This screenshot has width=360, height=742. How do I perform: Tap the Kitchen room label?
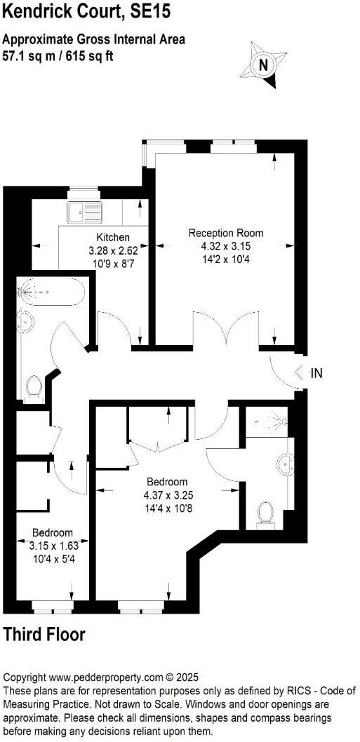(x=113, y=237)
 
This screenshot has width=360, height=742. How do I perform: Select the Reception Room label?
(x=226, y=233)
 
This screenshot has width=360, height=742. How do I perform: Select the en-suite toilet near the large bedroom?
(x=266, y=512)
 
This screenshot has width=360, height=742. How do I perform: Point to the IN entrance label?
(x=316, y=374)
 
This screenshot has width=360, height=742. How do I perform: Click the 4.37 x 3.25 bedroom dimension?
(x=167, y=495)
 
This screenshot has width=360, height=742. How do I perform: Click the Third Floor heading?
(x=44, y=635)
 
